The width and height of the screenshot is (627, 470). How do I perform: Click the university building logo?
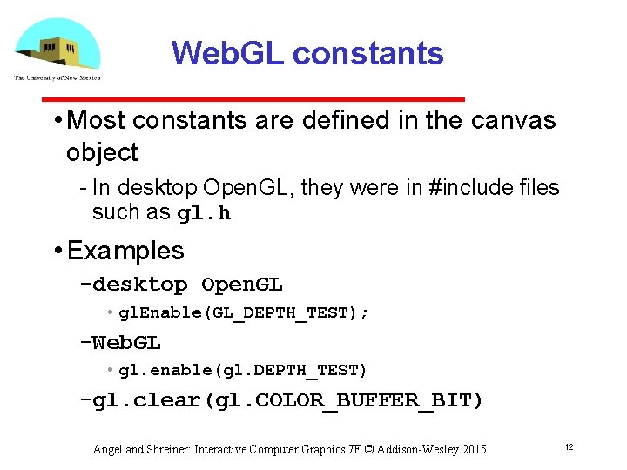[x=57, y=44]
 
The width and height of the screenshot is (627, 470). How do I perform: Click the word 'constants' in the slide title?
[x=368, y=54]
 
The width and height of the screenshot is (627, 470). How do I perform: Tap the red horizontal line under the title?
[x=313, y=99]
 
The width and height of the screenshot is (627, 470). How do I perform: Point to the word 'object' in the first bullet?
[x=102, y=152]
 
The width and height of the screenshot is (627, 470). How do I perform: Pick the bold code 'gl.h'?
[x=204, y=213]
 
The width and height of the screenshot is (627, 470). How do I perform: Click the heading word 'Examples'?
[x=125, y=251]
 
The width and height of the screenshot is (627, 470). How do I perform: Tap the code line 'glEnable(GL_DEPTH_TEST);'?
[x=244, y=312]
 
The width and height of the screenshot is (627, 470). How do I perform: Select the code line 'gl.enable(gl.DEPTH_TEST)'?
[x=244, y=371]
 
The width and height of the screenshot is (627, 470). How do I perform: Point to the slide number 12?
[x=568, y=446]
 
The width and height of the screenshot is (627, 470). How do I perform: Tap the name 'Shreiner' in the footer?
[x=168, y=449]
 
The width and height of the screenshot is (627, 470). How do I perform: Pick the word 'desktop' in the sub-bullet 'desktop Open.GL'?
[x=139, y=285]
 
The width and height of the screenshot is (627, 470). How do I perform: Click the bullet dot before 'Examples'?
[x=56, y=252]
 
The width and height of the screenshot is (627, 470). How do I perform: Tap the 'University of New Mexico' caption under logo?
[x=57, y=77]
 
